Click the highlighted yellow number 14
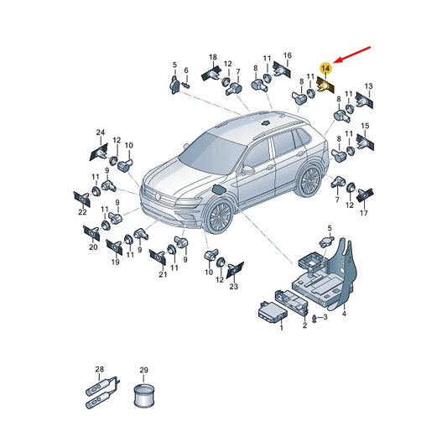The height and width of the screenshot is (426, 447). click(325, 68)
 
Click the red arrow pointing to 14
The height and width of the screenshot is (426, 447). click(352, 55)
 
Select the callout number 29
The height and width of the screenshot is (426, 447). click(143, 370)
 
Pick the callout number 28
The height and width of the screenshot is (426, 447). click(99, 369)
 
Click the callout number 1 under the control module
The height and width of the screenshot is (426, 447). click(282, 328)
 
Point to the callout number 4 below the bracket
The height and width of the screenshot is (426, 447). click(344, 314)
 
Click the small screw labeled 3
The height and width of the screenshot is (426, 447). click(314, 318)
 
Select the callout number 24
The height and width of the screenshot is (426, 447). click(101, 132)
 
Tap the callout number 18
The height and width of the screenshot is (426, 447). click(213, 57)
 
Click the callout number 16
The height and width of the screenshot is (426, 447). click(288, 55)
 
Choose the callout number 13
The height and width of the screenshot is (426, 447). click(369, 86)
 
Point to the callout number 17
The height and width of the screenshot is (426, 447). click(363, 213)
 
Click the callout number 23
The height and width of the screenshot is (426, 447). click(233, 286)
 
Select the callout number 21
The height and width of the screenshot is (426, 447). click(163, 274)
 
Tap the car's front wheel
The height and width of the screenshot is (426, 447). click(220, 217)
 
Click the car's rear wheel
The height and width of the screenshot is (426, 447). click(309, 180)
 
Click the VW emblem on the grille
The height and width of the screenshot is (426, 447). click(158, 196)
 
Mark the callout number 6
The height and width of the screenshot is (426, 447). click(186, 70)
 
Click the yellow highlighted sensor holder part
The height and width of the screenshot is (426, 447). click(325, 86)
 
